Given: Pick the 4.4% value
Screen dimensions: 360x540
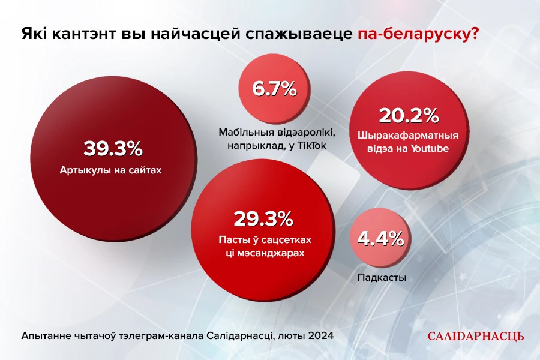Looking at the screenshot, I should (x=380, y=239).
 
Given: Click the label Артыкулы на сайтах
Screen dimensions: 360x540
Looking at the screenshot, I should (x=111, y=170).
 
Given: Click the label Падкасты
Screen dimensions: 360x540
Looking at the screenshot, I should (x=382, y=278).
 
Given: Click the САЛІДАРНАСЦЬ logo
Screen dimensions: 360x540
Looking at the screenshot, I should (x=475, y=336).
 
